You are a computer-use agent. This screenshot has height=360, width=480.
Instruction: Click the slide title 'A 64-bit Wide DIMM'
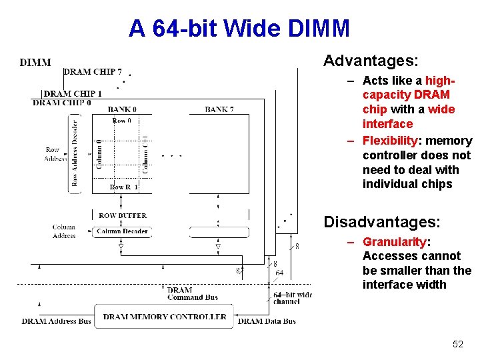239,29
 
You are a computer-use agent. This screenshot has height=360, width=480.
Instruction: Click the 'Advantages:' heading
371,61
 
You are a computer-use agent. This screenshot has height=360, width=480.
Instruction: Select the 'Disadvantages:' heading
382,221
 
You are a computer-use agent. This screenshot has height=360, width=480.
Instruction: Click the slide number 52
457,344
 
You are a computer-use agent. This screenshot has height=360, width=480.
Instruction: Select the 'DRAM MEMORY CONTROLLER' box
165,317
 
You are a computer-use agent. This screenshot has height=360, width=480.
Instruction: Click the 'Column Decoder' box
121,231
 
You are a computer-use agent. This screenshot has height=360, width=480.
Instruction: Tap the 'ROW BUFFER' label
123,216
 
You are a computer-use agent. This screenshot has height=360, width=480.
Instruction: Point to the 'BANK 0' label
122,109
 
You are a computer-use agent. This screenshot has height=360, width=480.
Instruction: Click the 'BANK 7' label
219,109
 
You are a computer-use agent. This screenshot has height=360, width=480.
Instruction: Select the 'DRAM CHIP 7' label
93,72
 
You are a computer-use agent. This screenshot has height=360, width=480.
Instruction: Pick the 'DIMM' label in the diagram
35,63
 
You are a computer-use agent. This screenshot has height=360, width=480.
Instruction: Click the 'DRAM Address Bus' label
56,321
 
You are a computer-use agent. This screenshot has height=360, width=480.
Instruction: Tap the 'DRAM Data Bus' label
267,321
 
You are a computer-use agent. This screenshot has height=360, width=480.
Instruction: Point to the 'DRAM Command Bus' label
193,294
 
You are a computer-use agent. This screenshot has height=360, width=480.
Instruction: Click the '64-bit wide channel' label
292,298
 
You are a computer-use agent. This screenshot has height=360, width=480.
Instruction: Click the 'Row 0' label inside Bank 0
122,121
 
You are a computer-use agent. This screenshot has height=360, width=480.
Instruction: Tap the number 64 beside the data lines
279,273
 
